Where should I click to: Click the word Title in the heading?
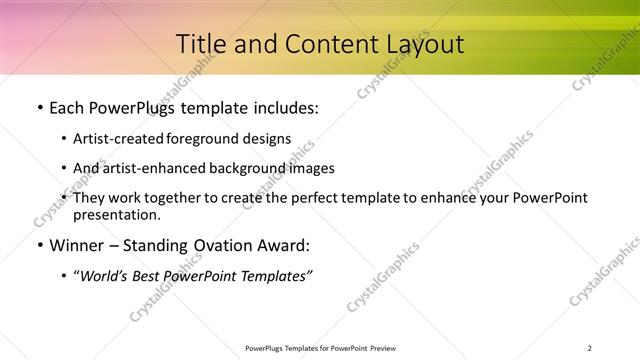[x=201, y=44]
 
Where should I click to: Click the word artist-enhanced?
[x=153, y=168]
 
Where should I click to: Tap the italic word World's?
[x=105, y=275]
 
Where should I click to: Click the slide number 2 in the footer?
[x=590, y=347]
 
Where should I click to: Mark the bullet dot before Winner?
[x=39, y=245]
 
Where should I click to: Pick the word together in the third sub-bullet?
[x=167, y=198]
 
